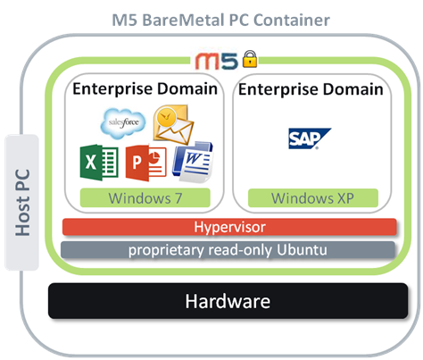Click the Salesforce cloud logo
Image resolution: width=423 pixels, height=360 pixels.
click(123, 123)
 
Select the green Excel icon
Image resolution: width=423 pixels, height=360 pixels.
click(99, 163)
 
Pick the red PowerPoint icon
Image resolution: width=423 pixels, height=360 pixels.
click(145, 163)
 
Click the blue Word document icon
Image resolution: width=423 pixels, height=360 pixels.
click(193, 162)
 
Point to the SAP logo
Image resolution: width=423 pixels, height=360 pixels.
click(310, 138)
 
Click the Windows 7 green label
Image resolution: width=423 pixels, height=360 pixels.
click(145, 197)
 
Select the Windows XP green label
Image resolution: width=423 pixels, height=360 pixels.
click(313, 197)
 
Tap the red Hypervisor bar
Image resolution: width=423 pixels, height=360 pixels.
click(229, 227)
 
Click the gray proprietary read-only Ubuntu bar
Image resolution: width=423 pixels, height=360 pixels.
click(228, 250)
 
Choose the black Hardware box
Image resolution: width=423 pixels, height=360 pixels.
click(228, 301)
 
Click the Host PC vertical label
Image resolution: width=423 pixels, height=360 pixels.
click(22, 203)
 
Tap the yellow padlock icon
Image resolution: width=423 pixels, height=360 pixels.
click(250, 59)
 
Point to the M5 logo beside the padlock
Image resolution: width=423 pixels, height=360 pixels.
click(217, 61)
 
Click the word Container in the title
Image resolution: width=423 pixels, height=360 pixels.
click(292, 21)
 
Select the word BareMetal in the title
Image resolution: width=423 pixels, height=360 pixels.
click(183, 21)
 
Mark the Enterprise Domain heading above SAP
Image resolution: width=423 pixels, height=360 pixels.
click(311, 89)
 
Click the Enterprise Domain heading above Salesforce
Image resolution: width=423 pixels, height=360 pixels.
click(145, 88)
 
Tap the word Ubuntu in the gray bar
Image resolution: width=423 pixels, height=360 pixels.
click(302, 249)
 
